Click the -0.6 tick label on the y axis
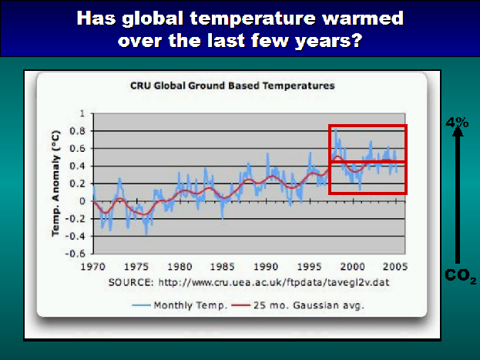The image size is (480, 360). coord(77,254)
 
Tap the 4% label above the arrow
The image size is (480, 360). coord(457,123)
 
